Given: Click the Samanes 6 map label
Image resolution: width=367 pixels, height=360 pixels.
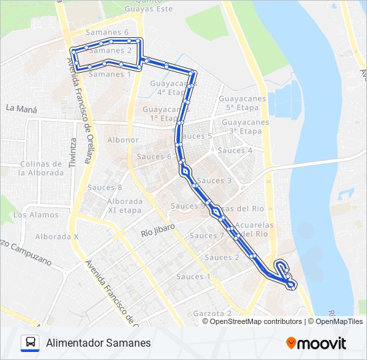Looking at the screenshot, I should (107, 33).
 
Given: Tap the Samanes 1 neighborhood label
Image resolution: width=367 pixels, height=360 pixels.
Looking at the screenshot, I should (109, 75).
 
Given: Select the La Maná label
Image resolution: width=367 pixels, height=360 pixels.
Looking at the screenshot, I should (21, 107).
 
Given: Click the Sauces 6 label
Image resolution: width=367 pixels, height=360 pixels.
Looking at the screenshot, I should (154, 157).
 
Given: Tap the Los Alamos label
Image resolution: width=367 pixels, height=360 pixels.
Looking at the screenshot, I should (35, 215).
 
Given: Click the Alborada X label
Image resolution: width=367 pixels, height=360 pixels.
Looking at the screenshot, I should (57, 237).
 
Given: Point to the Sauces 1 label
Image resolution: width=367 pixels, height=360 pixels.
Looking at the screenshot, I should (194, 277).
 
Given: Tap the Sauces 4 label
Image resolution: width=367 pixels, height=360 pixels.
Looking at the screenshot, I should (236, 151).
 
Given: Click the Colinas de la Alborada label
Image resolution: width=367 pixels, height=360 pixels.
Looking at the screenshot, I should (41, 168).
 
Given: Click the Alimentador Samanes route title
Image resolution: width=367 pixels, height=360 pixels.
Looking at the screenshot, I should (99, 343).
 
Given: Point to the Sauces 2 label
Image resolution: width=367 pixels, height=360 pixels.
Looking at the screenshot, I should (222, 257).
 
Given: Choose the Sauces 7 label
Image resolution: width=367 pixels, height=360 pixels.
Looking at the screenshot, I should (207, 236).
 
